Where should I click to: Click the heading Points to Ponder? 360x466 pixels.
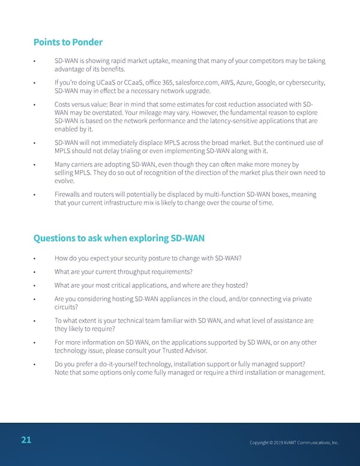68,42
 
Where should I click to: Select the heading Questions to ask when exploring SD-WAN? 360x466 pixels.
119,238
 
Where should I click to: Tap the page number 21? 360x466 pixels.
26,440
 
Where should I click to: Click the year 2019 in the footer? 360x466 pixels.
277,443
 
